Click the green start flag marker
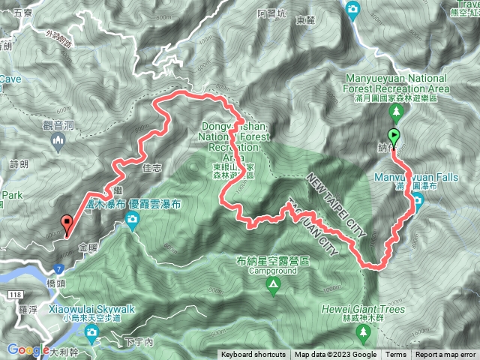pyautogui.click(x=394, y=137)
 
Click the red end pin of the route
pyautogui.click(x=67, y=222)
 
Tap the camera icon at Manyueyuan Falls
pyautogui.click(x=417, y=199)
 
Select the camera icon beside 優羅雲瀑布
pyautogui.click(x=133, y=220)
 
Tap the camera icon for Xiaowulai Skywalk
pyautogui.click(x=92, y=332)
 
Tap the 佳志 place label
pyautogui.click(x=151, y=169)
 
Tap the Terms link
pyautogui.click(x=396, y=355)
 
